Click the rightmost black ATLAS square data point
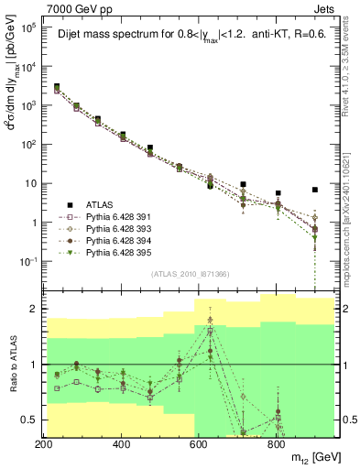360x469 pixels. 315,190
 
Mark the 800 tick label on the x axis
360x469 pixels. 276,444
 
